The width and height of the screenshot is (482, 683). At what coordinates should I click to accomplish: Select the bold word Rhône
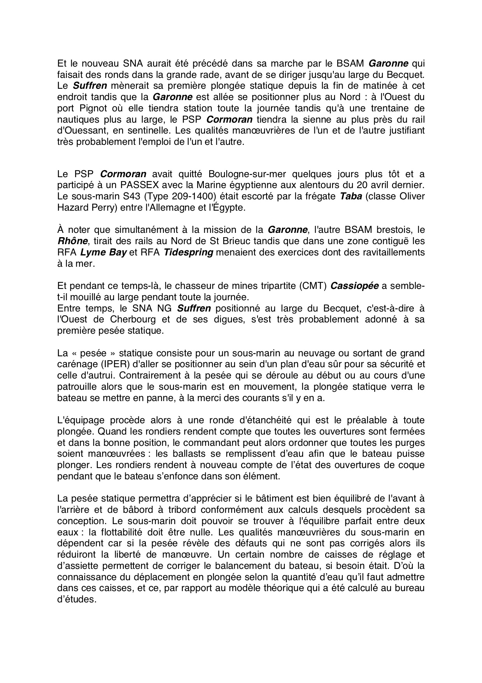pos(69,241)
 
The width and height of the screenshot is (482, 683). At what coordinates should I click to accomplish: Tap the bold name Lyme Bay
pos(103,252)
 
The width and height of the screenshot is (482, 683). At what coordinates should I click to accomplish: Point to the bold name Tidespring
pos(188,252)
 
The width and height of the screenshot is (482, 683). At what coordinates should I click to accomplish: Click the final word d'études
pos(76,599)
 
